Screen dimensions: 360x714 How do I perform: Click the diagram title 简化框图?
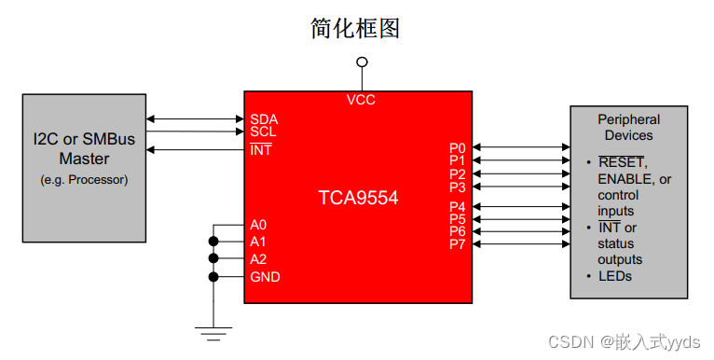[x=355, y=29]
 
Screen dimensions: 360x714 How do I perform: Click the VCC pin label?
[x=361, y=100]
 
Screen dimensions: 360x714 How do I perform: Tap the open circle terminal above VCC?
[x=362, y=62]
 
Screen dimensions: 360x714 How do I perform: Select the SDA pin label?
[x=264, y=119]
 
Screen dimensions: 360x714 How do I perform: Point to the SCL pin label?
[x=264, y=132]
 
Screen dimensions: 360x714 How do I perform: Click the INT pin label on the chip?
[x=261, y=149]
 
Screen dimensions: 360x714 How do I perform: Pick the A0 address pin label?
[x=258, y=225]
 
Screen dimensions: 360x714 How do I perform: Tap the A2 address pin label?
[x=258, y=258]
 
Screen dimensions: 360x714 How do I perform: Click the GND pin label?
[x=265, y=277]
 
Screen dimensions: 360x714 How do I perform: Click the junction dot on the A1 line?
[x=213, y=242]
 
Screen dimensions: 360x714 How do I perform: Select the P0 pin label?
[x=457, y=147]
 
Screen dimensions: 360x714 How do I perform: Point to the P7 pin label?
[x=457, y=244]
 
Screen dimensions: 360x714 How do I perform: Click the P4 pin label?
[x=457, y=206]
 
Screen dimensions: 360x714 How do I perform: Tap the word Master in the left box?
[x=84, y=158]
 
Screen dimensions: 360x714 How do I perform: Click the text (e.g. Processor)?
[x=84, y=179]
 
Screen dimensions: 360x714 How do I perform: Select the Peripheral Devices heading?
[x=628, y=127]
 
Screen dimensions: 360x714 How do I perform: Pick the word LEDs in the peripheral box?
[x=614, y=276]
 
